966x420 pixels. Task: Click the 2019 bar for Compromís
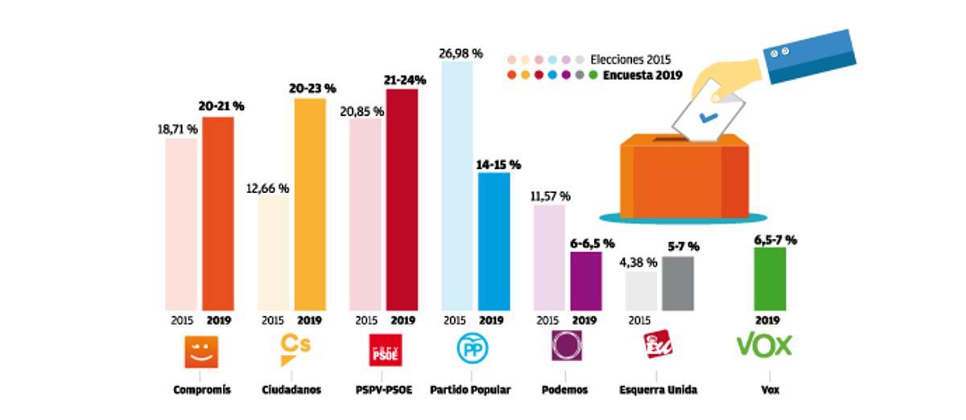tap(217, 213)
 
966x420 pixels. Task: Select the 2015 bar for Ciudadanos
tap(273, 253)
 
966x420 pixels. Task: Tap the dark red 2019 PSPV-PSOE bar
tap(402, 200)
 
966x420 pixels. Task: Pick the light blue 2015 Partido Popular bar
tap(457, 185)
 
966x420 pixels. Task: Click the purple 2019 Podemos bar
tap(586, 281)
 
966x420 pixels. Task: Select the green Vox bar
tap(770, 278)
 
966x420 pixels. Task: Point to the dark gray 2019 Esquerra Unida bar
tap(678, 283)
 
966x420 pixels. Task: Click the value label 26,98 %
tap(460, 54)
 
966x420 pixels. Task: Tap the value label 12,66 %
tap(267, 188)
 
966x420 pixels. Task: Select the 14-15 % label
tap(498, 165)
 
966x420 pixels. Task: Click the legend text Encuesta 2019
tap(642, 76)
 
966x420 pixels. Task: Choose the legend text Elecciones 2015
tap(630, 60)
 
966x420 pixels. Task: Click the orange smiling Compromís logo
tap(201, 351)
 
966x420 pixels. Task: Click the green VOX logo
tap(765, 345)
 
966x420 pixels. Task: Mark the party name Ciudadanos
tap(291, 390)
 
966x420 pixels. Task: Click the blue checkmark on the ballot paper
tap(708, 117)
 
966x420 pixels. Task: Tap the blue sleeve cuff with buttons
tap(809, 57)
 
